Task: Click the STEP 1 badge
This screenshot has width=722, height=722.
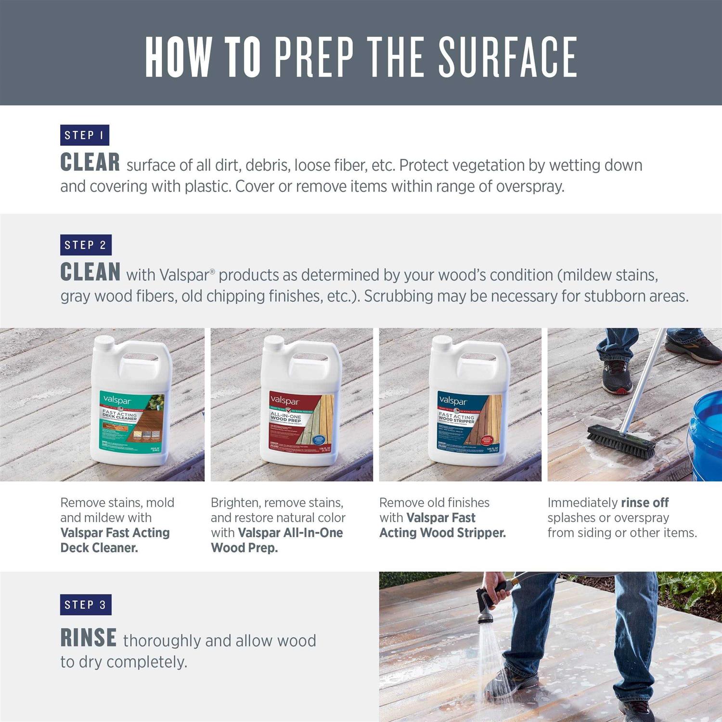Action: click(84, 135)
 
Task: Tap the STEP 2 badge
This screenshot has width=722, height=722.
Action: click(86, 245)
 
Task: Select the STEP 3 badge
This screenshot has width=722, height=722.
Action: click(86, 605)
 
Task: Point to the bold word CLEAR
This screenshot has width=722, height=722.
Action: click(90, 163)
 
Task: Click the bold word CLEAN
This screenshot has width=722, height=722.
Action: click(90, 272)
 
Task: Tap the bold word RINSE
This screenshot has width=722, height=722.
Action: click(88, 638)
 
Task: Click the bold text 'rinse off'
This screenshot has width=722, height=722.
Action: click(645, 503)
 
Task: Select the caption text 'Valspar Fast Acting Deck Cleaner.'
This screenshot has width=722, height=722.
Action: click(115, 540)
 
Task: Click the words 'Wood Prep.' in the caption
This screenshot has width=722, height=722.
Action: click(244, 548)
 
